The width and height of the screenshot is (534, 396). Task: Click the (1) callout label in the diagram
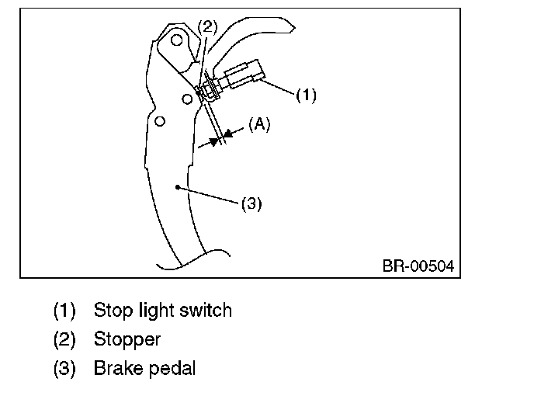click(307, 96)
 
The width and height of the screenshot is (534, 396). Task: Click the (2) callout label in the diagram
click(207, 26)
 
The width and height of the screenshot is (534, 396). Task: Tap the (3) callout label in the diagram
click(252, 204)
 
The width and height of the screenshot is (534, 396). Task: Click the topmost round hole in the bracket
click(178, 39)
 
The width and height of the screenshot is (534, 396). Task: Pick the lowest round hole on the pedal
click(160, 121)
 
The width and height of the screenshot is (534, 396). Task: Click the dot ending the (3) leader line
click(179, 187)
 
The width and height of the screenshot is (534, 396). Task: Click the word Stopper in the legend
click(127, 339)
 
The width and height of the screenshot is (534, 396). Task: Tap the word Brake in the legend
click(116, 368)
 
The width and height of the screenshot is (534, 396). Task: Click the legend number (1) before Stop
click(64, 311)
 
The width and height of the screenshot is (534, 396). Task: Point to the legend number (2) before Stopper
click(64, 339)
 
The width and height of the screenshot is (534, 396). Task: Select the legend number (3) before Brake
click(64, 368)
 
